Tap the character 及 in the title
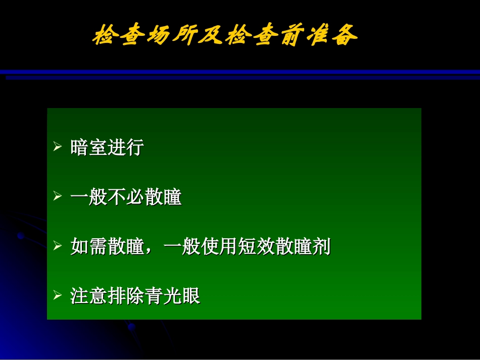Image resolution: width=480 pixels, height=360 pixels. (x=212, y=35)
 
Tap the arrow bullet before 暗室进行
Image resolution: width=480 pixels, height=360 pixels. (x=57, y=147)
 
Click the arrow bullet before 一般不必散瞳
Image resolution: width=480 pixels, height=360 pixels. (x=57, y=197)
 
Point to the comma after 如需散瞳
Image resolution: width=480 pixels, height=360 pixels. (x=152, y=250)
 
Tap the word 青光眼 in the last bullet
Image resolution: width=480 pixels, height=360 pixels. (x=172, y=296)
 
